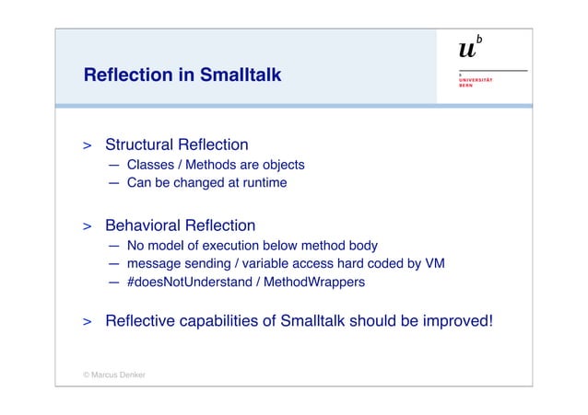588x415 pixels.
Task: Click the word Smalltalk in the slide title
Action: coord(238,75)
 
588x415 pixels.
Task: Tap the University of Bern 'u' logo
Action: coord(469,52)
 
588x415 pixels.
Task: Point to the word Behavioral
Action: coord(142,225)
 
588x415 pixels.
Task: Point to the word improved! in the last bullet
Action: coord(455,321)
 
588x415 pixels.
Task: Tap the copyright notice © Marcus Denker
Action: coord(114,375)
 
